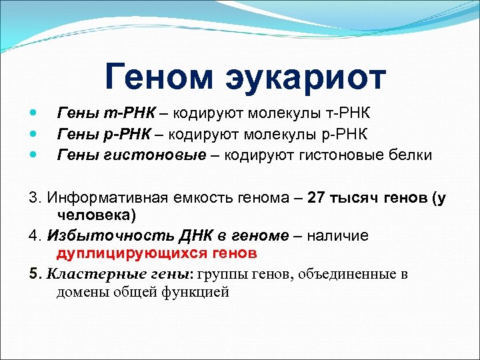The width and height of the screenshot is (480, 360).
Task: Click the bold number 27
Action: [x=317, y=199]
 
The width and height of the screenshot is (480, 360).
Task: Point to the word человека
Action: [x=95, y=215]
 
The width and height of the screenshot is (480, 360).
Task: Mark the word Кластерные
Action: [x=85, y=274]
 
